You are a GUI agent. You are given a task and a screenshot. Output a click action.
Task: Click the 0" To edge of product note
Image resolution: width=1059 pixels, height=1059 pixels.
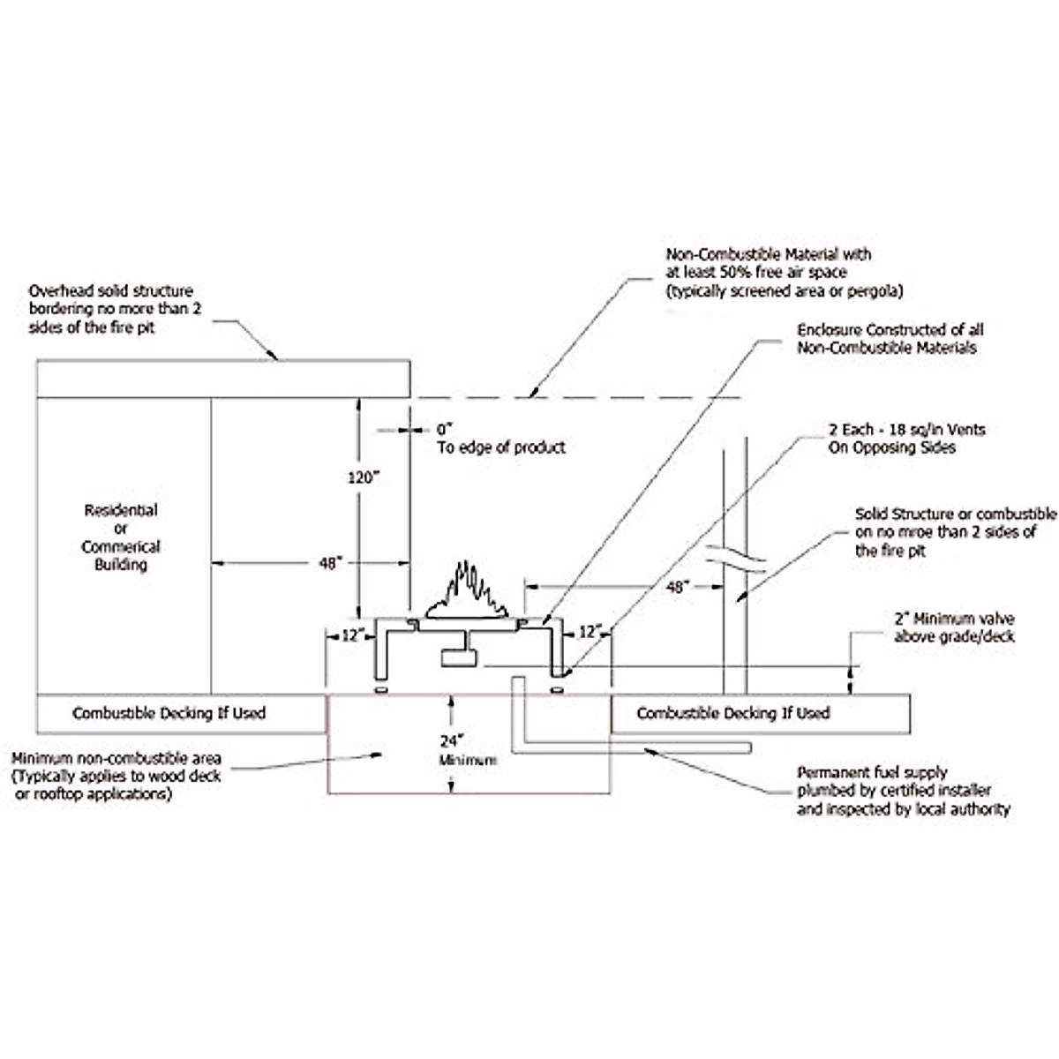(x=499, y=439)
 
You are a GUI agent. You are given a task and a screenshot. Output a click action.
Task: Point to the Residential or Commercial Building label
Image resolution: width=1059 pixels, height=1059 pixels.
(x=121, y=537)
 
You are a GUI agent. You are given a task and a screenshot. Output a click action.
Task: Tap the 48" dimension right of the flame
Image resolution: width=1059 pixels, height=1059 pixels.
(x=675, y=587)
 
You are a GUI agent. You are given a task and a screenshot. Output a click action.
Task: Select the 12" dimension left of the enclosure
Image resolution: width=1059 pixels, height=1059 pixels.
(x=352, y=635)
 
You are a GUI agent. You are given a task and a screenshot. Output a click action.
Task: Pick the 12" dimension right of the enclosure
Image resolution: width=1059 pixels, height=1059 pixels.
(x=589, y=632)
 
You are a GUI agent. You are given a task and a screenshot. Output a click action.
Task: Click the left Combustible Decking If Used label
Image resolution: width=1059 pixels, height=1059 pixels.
(x=169, y=713)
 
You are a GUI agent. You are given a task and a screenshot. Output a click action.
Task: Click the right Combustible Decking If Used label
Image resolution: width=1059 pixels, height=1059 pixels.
(x=733, y=713)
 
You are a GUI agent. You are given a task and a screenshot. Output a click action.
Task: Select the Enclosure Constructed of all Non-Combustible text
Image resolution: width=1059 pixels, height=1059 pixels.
(x=890, y=339)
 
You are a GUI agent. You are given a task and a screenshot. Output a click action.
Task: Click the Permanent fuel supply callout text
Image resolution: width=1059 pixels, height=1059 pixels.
(x=903, y=790)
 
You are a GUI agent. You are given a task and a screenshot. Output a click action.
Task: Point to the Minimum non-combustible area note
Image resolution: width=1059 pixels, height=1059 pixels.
(x=116, y=776)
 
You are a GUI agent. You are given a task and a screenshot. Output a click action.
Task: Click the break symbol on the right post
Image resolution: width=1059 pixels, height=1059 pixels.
(x=734, y=559)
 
